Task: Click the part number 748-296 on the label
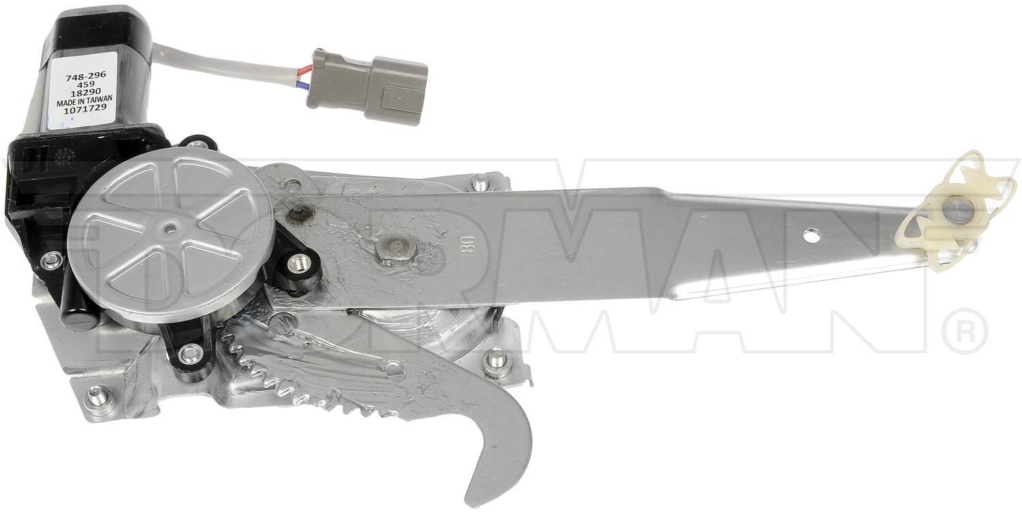[86, 77]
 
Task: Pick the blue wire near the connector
[299, 85]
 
